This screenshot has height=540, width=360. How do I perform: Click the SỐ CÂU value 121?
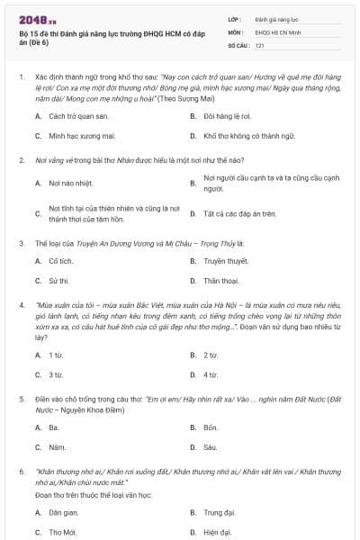click(x=259, y=44)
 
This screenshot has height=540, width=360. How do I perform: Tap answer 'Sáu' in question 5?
click(x=210, y=446)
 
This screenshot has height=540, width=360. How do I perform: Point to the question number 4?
click(x=21, y=305)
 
